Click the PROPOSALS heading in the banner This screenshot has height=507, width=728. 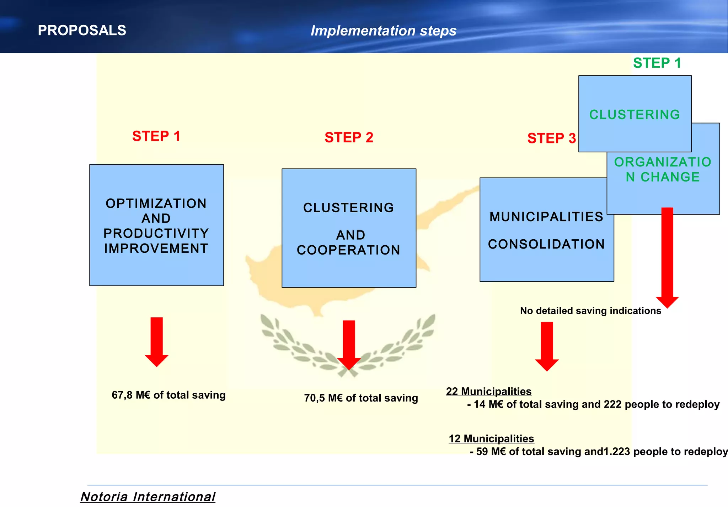pos(82,31)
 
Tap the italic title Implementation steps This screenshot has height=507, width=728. pos(383,31)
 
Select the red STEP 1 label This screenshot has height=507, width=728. pos(156,136)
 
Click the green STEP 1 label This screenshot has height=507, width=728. pos(657,63)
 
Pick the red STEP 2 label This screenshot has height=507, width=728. pos(349,137)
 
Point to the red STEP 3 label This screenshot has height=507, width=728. pos(551,138)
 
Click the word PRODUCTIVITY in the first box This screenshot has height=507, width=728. pos(156,233)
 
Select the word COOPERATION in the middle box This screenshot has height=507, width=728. pos(348,250)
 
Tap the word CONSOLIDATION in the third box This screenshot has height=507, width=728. pos(546,244)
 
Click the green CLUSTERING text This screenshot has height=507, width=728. pos(635,115)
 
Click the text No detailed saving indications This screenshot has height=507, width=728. pos(590,311)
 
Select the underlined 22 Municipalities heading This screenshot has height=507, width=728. pos(488,391)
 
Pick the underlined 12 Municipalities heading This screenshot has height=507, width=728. pos(491,438)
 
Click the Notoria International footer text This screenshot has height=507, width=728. pos(148,496)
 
